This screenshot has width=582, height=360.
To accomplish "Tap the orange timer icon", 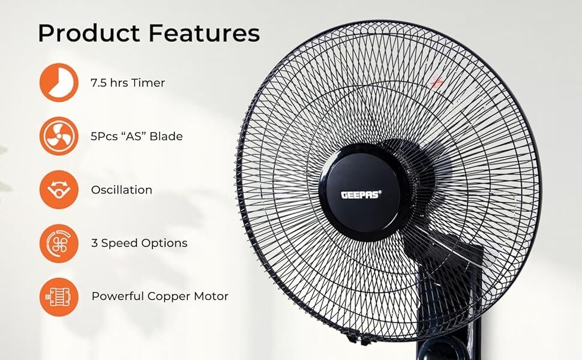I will pyautogui.click(x=59, y=83).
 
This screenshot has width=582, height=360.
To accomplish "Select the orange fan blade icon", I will pyautogui.click(x=59, y=136).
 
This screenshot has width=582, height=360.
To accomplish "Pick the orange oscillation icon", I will pyautogui.click(x=59, y=190).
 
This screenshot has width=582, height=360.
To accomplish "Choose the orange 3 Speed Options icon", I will pyautogui.click(x=59, y=243).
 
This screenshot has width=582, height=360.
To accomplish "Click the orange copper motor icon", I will pyautogui.click(x=59, y=296).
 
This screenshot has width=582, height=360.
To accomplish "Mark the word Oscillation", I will pyautogui.click(x=121, y=190).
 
